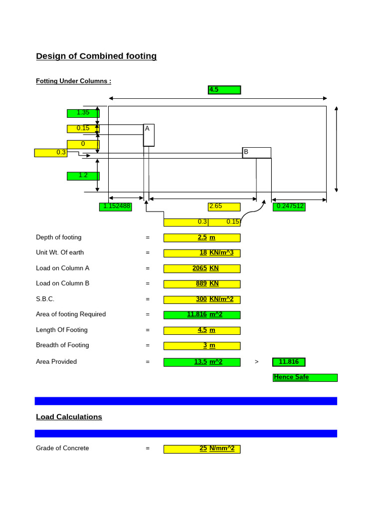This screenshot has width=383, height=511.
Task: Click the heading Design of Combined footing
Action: click(96, 56)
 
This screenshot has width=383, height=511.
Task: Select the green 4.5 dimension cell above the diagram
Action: click(224, 90)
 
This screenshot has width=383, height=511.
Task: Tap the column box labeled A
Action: click(149, 135)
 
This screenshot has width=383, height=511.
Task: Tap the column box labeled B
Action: click(257, 153)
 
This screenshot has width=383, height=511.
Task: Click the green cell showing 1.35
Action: click(83, 113)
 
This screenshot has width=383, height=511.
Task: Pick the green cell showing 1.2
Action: click(83, 176)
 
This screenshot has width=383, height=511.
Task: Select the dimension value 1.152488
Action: click(116, 207)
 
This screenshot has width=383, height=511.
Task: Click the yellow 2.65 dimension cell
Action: click(224, 207)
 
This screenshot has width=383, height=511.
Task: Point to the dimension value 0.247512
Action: click(289, 207)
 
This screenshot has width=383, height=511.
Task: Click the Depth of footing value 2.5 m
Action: click(202, 238)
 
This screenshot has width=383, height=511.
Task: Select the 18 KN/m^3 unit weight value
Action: click(202, 253)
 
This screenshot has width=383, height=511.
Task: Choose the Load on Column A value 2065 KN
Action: click(202, 268)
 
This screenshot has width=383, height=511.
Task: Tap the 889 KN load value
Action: click(202, 284)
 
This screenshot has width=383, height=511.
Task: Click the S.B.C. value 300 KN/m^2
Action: click(202, 299)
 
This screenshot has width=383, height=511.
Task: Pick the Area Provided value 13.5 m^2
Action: click(202, 362)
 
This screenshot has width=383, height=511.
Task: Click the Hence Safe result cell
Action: click(305, 378)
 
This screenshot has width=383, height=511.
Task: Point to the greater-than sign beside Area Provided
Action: click(257, 362)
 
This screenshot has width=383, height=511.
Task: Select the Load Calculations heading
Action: click(69, 417)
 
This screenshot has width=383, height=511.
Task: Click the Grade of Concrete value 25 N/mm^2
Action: click(202, 449)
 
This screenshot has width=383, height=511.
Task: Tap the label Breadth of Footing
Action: click(62, 345)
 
